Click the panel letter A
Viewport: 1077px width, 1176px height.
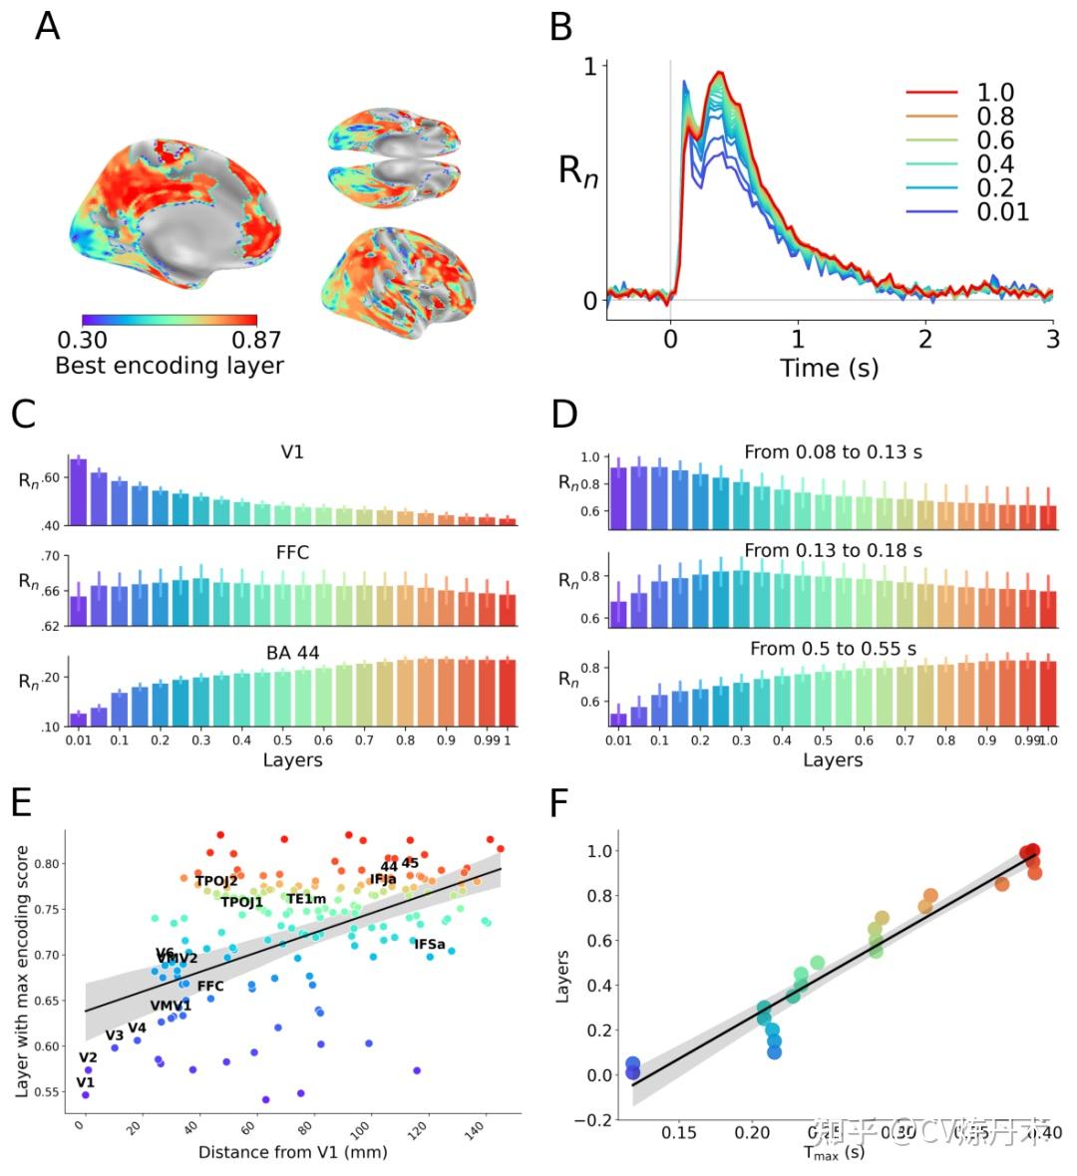point(47,26)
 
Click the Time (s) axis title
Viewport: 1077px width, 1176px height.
point(829,368)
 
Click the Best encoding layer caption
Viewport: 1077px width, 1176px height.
point(169,366)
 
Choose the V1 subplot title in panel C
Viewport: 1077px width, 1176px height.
point(292,452)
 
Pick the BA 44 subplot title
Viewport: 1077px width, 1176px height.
point(292,654)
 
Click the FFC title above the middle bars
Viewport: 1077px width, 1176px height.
point(292,553)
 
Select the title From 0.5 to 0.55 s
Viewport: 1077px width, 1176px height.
point(833,649)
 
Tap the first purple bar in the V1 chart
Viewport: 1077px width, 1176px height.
point(78,491)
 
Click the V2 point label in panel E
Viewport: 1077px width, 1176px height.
point(88,1057)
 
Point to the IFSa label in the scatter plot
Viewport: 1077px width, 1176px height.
point(430,944)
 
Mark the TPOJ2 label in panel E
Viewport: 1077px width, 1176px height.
point(216,881)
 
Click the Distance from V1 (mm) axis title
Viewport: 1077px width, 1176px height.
point(292,1152)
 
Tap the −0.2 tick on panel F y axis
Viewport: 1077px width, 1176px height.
point(595,1119)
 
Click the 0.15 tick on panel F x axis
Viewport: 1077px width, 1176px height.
point(679,1132)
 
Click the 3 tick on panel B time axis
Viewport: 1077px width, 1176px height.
point(1052,339)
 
